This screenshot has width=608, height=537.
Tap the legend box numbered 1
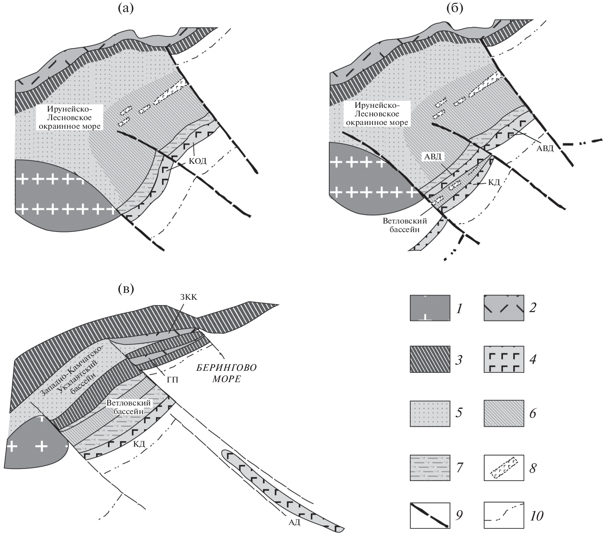coord(430,308)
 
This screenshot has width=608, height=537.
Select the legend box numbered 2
coord(504,308)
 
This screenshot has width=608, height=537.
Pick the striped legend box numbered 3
coord(430,359)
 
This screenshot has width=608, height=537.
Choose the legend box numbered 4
coord(504,359)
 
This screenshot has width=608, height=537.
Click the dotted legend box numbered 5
coord(430,413)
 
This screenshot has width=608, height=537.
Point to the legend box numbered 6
coord(504,413)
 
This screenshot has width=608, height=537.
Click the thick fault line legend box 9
coord(430,515)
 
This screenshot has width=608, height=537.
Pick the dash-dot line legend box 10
coord(504,515)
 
